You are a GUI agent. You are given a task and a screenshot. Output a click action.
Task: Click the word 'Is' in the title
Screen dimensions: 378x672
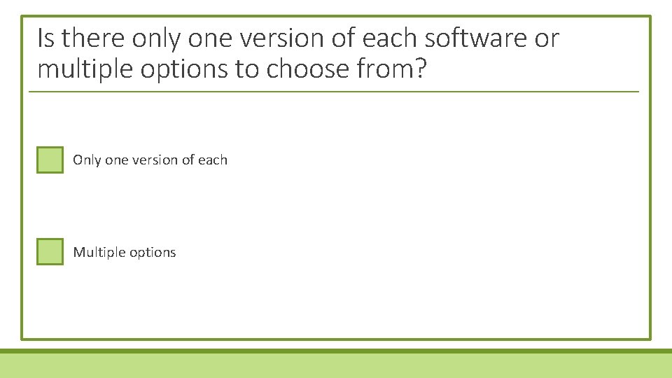46,38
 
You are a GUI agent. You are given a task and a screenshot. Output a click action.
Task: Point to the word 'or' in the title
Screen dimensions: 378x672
547,39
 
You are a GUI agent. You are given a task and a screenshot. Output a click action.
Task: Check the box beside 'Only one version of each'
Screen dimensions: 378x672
50,160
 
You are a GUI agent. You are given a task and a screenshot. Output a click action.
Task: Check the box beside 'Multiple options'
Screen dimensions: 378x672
50,251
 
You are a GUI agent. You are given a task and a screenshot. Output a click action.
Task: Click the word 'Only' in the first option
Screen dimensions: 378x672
87,160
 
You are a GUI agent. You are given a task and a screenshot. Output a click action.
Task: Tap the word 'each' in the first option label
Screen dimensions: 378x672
213,160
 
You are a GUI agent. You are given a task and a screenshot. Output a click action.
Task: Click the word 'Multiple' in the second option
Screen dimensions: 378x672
97,252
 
